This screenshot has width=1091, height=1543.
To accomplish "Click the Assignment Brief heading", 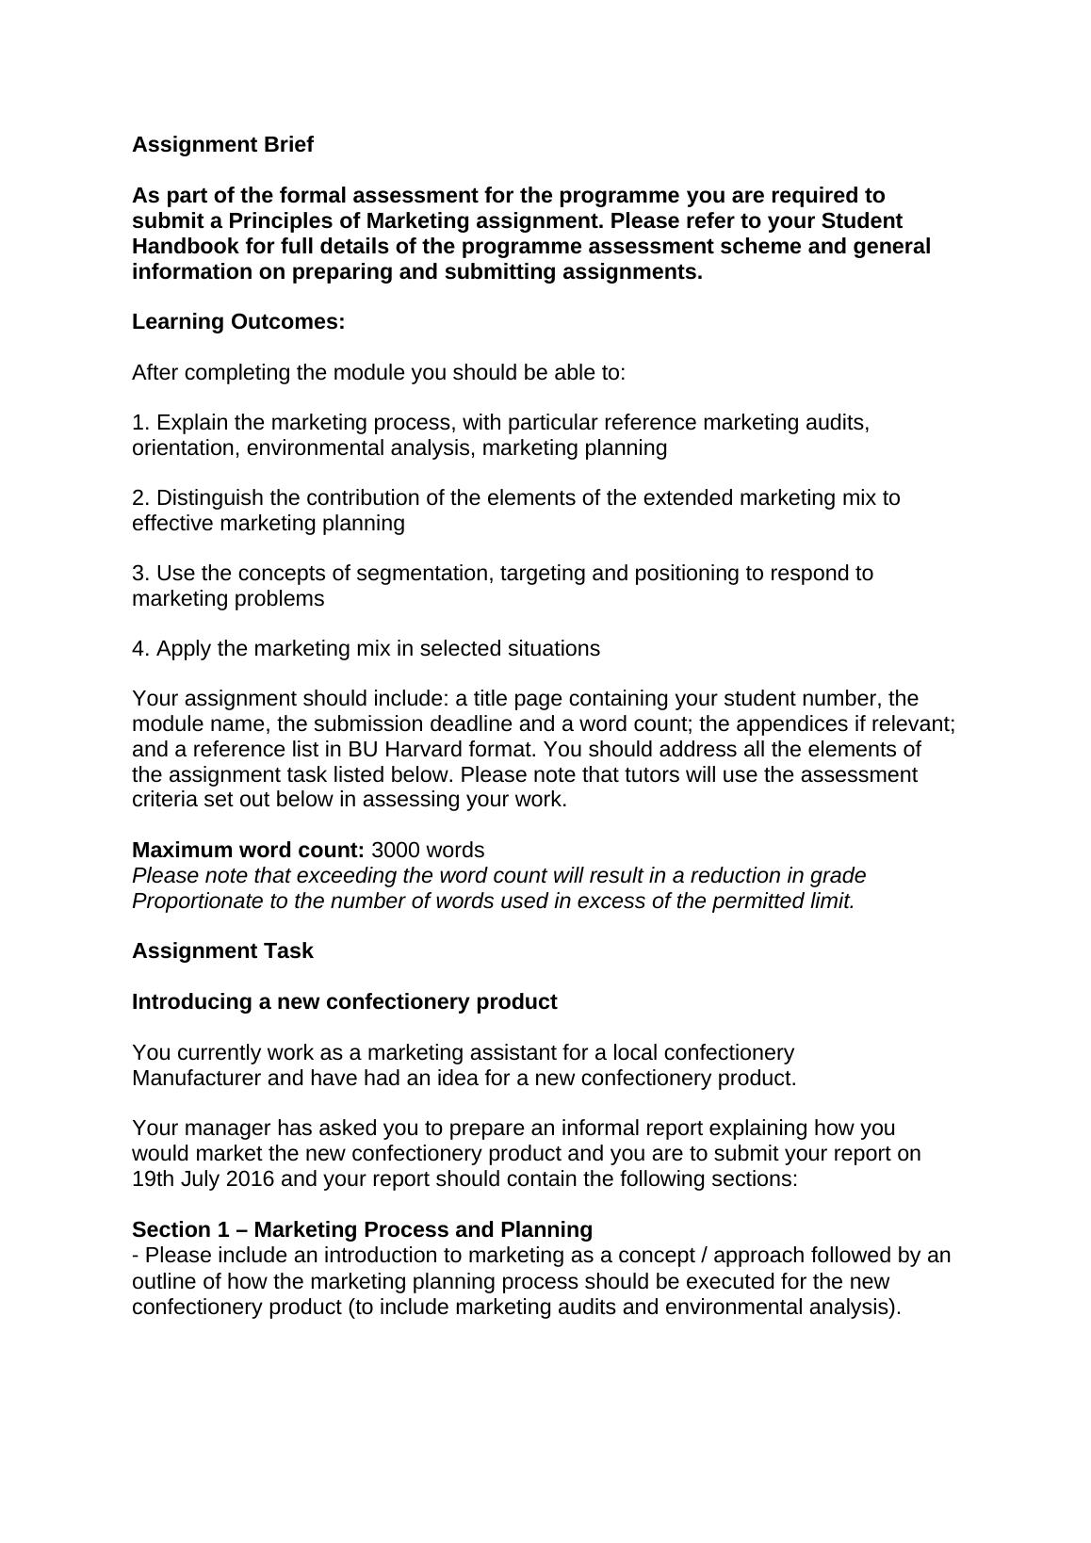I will coord(222,145).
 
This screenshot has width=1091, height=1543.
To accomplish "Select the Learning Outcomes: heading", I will coord(238,322).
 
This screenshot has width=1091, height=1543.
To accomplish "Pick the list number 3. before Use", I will coord(140,574).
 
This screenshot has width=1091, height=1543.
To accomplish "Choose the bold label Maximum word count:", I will coord(248,851).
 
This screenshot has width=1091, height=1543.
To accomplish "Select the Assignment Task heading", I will coord(222,951).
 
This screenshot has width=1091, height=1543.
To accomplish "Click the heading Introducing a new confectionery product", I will coord(344,1002).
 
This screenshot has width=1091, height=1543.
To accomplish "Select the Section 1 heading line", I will coord(362,1230).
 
